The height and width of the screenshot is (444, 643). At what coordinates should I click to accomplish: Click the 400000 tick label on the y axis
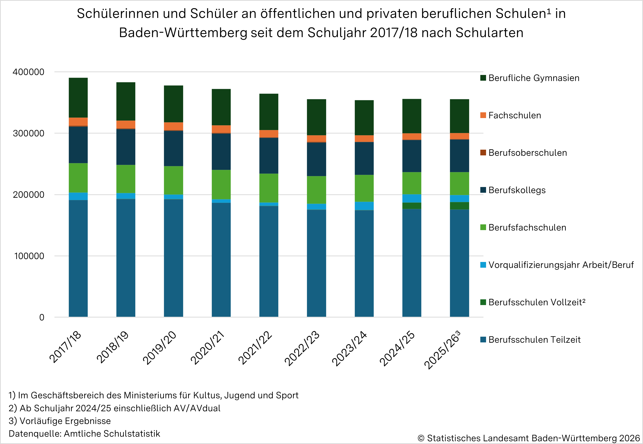pos(28,72)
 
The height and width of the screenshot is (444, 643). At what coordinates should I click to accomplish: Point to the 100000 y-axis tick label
pos(29,256)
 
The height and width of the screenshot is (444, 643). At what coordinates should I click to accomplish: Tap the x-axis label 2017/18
pos(65,347)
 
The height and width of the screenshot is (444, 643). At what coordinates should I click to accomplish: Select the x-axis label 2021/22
pos(255,347)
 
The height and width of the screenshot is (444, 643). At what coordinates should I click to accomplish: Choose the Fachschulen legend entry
pos(514,116)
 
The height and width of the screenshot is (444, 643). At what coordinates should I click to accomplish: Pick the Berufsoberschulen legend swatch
pos(483,153)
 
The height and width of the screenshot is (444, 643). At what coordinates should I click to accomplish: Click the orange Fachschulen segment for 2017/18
pos(78,122)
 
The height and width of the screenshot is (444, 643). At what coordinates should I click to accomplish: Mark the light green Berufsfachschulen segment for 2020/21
pos(221,185)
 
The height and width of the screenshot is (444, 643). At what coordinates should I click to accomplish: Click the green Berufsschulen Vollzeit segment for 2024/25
pos(412,206)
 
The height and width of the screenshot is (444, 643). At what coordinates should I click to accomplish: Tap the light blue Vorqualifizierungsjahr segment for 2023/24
pos(364,206)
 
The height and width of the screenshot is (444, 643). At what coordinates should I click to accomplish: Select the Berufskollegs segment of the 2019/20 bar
pos(173,149)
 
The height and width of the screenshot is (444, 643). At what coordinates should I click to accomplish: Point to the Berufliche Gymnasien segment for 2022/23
pos(316,117)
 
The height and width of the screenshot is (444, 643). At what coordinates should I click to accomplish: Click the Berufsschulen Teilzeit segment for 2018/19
pos(126,258)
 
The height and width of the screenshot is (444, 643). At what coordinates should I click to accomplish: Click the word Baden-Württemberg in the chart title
pos(183,33)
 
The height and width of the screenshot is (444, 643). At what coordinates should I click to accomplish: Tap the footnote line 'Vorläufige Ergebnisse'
pos(60,421)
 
